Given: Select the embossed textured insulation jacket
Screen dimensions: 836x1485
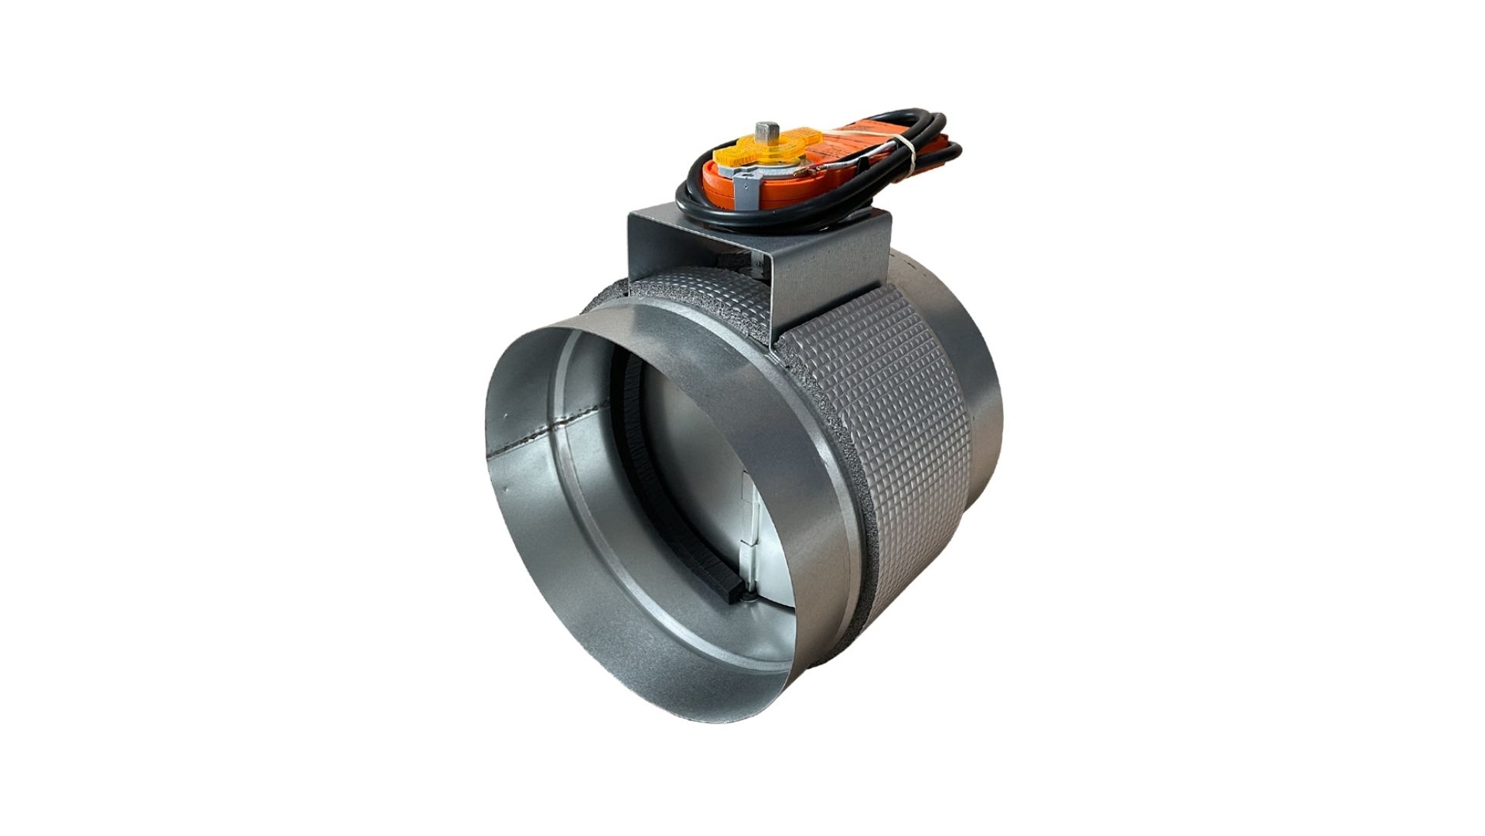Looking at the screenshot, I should click(x=889, y=433).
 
